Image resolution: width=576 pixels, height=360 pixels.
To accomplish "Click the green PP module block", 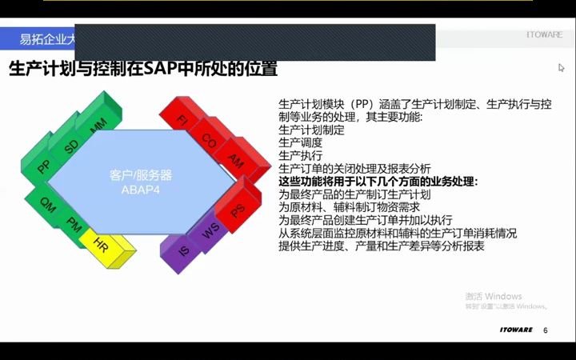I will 43,166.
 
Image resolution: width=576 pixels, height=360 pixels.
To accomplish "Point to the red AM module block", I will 235,161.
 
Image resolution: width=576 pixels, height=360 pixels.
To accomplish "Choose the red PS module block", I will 237,210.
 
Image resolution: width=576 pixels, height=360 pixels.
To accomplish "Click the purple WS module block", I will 210,231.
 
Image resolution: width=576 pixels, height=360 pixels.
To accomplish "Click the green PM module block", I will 74,222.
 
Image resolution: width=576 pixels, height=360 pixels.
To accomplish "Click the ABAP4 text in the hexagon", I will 141,190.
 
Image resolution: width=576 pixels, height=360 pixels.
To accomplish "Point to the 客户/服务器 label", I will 141,175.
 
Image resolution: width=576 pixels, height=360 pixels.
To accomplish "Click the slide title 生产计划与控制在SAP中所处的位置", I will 143,70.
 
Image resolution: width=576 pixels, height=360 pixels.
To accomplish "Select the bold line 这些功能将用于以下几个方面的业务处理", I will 378,182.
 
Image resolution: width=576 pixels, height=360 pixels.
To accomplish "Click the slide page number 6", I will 546,330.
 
